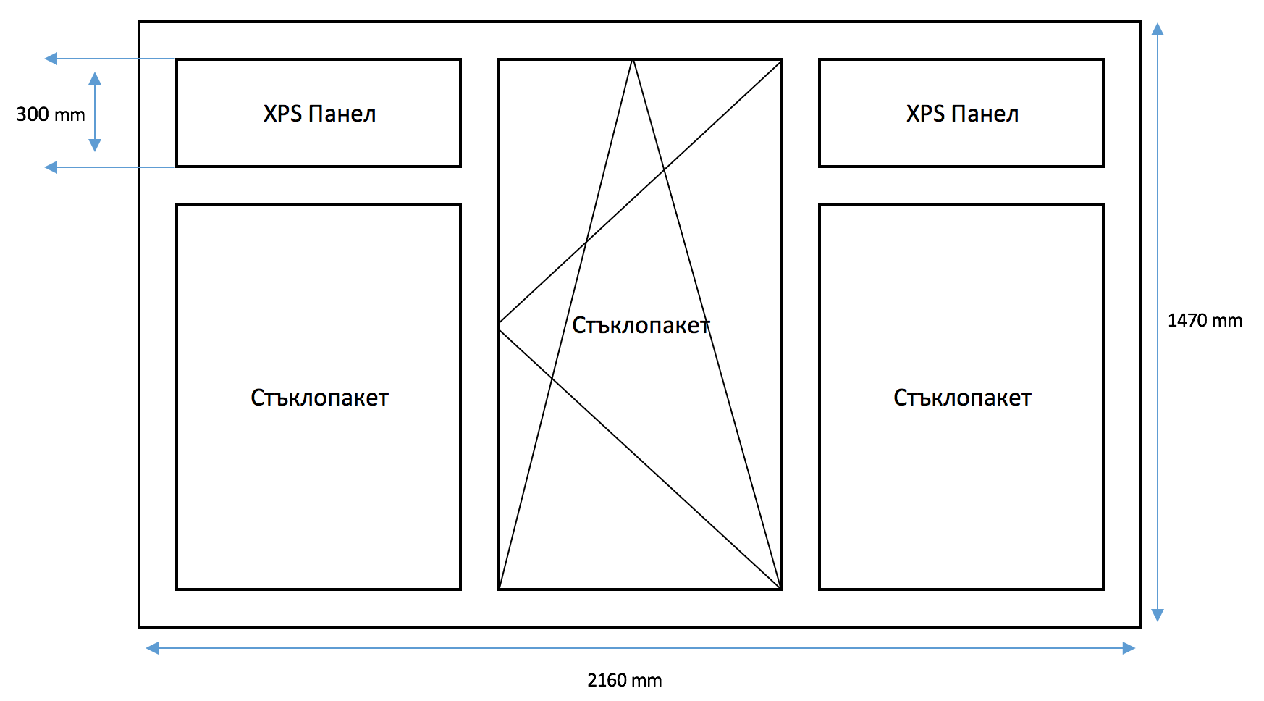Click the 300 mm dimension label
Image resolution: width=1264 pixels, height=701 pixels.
coord(51,114)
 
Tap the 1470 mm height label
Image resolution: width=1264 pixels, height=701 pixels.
coord(1205,321)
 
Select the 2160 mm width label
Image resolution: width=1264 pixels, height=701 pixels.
coord(624,681)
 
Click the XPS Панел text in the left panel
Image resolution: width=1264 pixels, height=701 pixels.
coord(319,114)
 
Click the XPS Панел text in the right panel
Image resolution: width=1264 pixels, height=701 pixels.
coord(962,114)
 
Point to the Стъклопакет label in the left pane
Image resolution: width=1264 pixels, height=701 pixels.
coord(319,398)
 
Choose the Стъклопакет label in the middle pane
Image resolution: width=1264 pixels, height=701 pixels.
coord(641,325)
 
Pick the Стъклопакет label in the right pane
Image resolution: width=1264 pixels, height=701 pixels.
coord(962,398)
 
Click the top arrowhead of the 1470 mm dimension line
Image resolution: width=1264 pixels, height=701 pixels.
coord(1158,29)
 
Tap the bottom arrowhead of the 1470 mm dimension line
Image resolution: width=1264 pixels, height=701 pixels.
coord(1158,616)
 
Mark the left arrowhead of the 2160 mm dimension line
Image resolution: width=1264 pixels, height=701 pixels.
coord(152,648)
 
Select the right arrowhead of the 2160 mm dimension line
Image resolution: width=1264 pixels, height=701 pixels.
coord(1129,648)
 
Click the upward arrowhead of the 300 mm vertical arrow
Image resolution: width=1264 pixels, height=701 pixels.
coord(95,77)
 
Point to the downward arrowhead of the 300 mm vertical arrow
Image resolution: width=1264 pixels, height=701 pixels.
coord(95,146)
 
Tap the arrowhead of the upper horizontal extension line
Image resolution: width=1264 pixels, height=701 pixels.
coord(51,59)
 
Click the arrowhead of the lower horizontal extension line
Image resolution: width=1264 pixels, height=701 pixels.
coord(51,167)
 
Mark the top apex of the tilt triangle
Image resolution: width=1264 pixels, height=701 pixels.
coord(633,60)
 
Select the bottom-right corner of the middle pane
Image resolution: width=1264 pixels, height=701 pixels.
coord(781,589)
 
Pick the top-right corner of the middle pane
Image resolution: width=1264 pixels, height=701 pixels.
coord(781,60)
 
